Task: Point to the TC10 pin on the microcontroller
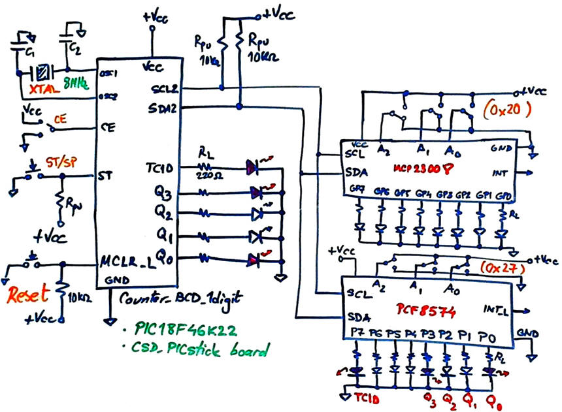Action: coord(157,168)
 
